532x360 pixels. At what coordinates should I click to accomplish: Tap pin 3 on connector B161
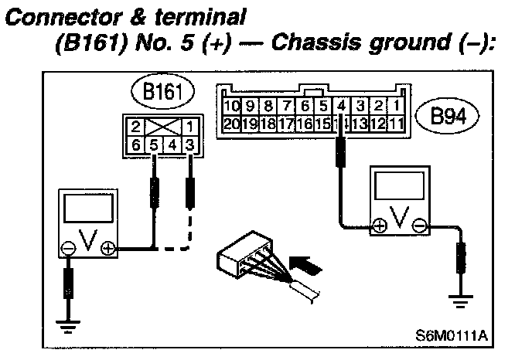click(189, 144)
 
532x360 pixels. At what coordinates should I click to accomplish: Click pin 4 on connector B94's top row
click(341, 105)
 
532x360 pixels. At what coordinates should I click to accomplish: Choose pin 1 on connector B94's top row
click(396, 105)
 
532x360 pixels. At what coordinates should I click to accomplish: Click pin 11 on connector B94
click(395, 122)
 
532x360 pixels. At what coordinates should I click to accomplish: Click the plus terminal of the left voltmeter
click(107, 248)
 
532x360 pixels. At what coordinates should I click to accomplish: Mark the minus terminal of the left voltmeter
click(70, 248)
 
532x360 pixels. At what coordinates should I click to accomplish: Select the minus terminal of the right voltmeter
click(418, 227)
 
